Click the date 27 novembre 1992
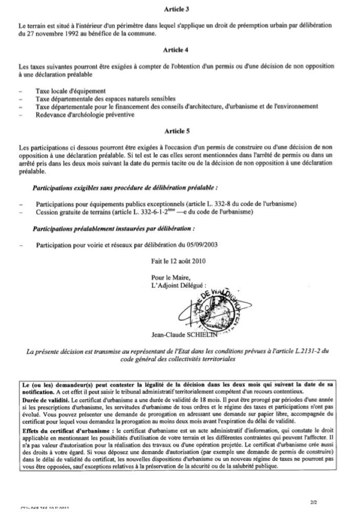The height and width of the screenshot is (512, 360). [x=50, y=33]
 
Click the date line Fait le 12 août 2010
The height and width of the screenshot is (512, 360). [x=178, y=261]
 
